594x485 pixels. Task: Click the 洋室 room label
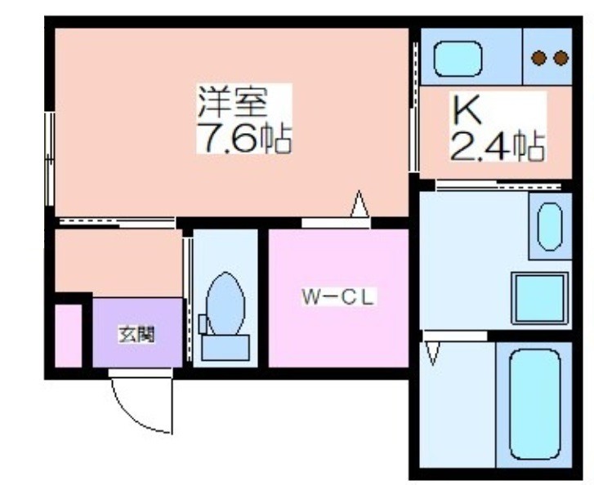point(232,101)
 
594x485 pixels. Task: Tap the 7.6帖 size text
point(244,137)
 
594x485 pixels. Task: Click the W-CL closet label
point(338,297)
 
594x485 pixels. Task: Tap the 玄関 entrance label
point(136,334)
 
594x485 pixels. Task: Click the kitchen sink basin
point(458,59)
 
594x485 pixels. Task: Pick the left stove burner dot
point(538,58)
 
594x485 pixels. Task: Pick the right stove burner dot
point(561,58)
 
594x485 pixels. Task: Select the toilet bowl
point(225,304)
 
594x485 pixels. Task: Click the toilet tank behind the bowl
point(226,347)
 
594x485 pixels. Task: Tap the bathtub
point(534,404)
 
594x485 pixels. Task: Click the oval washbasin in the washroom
point(550,227)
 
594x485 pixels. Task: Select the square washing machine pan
point(540,298)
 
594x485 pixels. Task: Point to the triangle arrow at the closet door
point(360,203)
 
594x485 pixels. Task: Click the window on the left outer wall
point(50,159)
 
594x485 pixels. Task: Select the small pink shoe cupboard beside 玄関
point(69,336)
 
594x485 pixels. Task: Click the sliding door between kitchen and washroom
point(498,185)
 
